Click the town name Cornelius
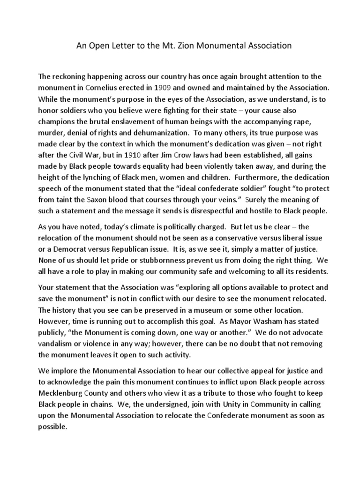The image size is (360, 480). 106,87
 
